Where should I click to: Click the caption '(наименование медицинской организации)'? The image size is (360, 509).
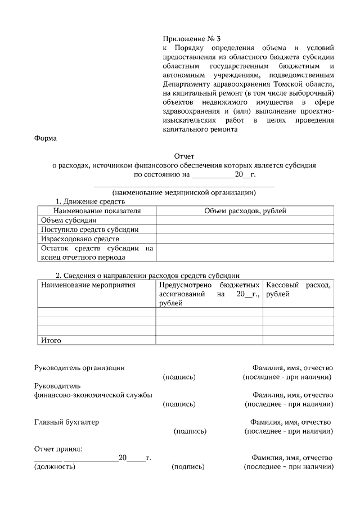pyautogui.click(x=184, y=192)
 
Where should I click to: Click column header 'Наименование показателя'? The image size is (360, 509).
pyautogui.click(x=97, y=210)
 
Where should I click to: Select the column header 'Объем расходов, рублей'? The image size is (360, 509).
pyautogui.click(x=244, y=210)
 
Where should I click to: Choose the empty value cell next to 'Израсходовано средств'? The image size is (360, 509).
pyautogui.click(x=244, y=239)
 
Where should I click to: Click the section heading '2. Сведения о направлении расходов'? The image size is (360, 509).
pyautogui.click(x=147, y=276)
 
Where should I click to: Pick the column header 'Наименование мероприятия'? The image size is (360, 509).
pyautogui.click(x=88, y=285)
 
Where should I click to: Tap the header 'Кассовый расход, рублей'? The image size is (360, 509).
pyautogui.click(x=298, y=290)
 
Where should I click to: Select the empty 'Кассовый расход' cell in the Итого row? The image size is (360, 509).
pyautogui.click(x=298, y=340)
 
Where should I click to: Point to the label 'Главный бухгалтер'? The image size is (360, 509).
pyautogui.click(x=66, y=422)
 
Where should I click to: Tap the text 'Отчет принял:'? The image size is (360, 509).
pyautogui.click(x=58, y=449)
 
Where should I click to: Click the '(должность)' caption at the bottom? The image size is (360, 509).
pyautogui.click(x=55, y=467)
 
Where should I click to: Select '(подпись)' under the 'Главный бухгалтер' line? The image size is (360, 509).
pyautogui.click(x=190, y=431)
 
